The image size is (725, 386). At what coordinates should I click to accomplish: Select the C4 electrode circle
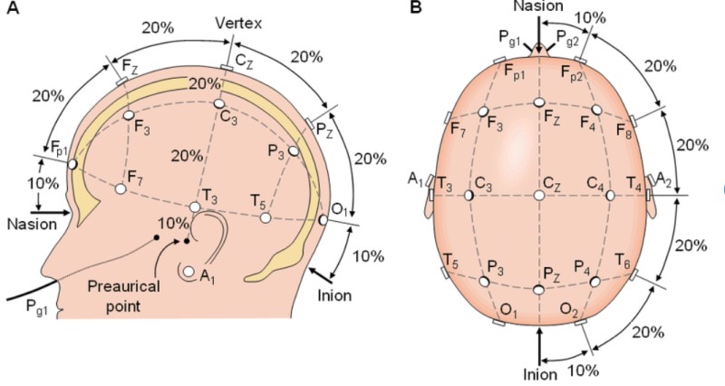[x=610, y=195]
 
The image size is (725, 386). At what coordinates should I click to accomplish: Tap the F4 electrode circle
[x=596, y=110]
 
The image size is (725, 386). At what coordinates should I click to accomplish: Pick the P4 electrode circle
[x=595, y=282]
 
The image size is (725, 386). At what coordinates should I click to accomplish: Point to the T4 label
[x=634, y=186]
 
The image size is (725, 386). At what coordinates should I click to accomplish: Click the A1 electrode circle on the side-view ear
[x=188, y=272]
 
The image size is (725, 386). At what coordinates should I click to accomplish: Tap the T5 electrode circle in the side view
[x=265, y=217]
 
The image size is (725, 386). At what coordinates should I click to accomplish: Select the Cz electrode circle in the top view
[x=539, y=195]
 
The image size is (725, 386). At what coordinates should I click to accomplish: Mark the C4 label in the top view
[x=594, y=184]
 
